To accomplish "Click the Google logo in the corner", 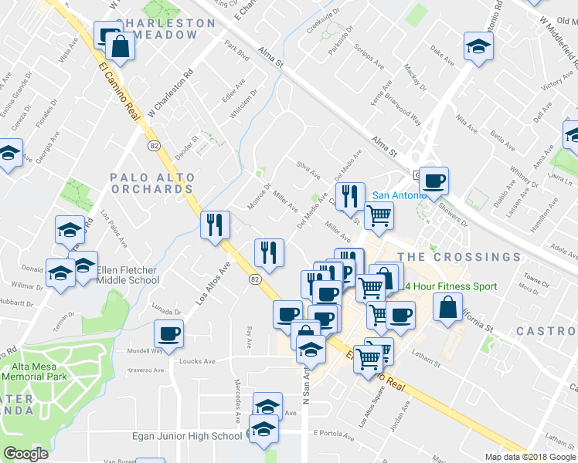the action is pos(25,454).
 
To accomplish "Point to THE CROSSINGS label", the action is pos(460,256).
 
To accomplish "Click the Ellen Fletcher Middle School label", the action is pos(126,275).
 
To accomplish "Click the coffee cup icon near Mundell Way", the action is pos(168,334).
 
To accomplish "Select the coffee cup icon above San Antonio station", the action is pos(433,181).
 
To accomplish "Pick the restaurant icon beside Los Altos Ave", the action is pos(215,225).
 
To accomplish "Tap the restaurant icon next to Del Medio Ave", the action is pos(351,198).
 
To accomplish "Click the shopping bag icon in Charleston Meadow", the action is pos(121,46).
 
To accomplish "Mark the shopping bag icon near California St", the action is pos(448,307).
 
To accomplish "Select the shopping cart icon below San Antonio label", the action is pos(378,216).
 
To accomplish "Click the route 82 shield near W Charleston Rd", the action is pos(153,145).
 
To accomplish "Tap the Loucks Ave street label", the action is pos(197,361).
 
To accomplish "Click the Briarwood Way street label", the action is pos(406,117).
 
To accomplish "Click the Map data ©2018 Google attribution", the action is pos(530,456).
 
